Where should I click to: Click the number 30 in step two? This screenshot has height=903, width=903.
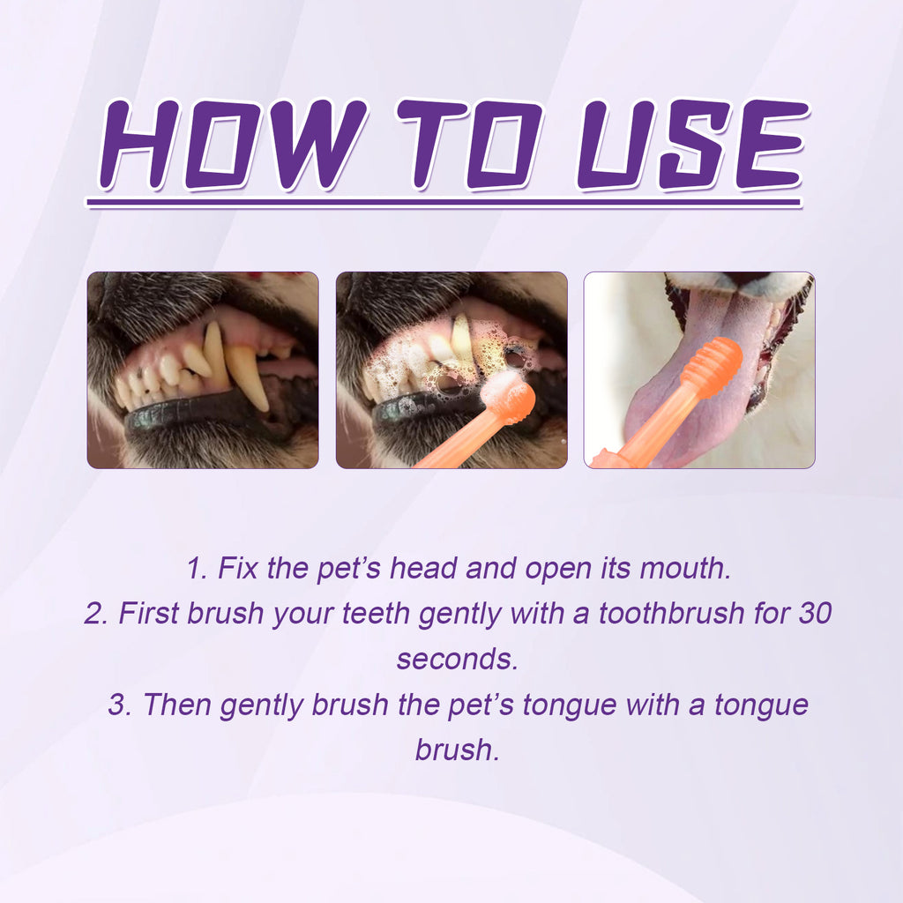click(x=813, y=613)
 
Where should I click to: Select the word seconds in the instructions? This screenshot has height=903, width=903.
click(x=456, y=659)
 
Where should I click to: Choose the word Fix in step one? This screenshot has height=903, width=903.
click(x=238, y=568)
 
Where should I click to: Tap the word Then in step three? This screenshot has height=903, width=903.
click(x=177, y=705)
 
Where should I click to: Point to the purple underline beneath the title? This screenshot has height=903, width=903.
click(x=444, y=203)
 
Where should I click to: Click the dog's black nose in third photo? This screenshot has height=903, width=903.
click(x=751, y=278)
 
